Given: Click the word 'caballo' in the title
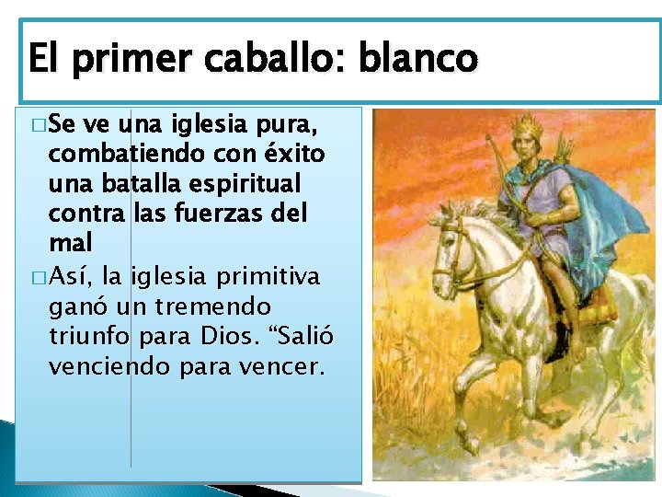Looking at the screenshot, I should pyautogui.click(x=285, y=60).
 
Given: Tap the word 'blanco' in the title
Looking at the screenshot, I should pyautogui.click(x=418, y=60).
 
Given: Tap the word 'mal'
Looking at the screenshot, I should pyautogui.click(x=71, y=243).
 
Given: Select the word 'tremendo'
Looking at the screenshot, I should pyautogui.click(x=223, y=305).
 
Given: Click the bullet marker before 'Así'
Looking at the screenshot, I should pyautogui.click(x=36, y=275).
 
